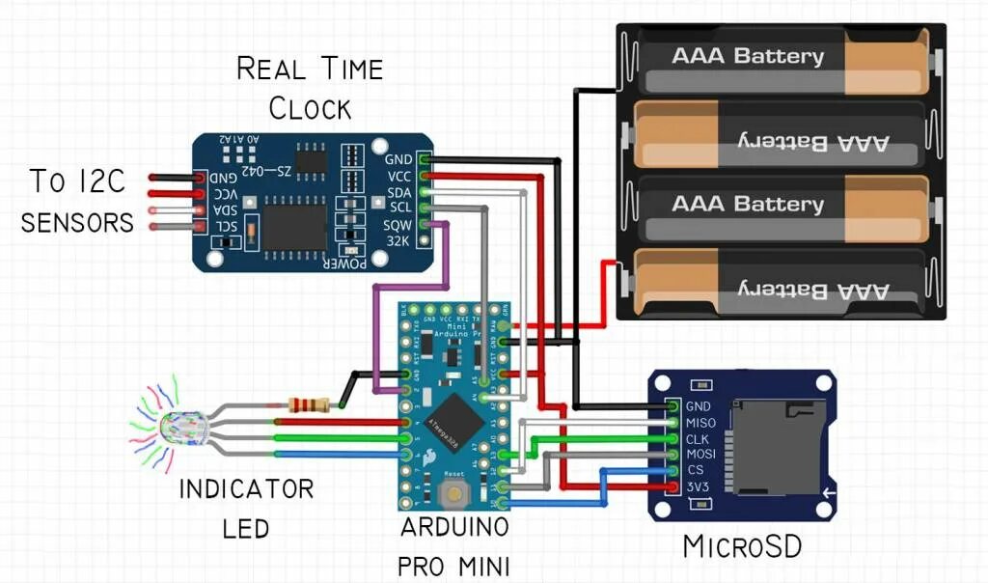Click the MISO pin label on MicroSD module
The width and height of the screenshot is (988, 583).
coord(700,423)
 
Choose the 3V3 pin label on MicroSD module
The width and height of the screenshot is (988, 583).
coord(698,486)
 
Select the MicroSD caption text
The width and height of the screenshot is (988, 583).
coord(741,546)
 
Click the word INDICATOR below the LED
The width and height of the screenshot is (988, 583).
coord(247,488)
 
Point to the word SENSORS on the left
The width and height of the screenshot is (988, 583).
coord(77,223)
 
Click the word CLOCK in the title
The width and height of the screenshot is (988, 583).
coord(310,107)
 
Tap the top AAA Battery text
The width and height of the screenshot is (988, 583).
coord(748,55)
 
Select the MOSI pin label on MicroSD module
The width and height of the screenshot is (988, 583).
coord(700,455)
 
